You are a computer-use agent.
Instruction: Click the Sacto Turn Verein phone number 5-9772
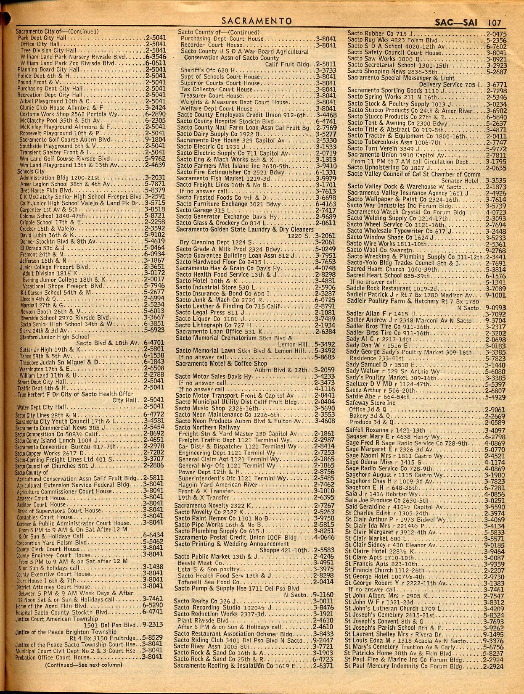click(496, 148)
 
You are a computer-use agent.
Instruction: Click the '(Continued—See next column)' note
click(83, 665)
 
